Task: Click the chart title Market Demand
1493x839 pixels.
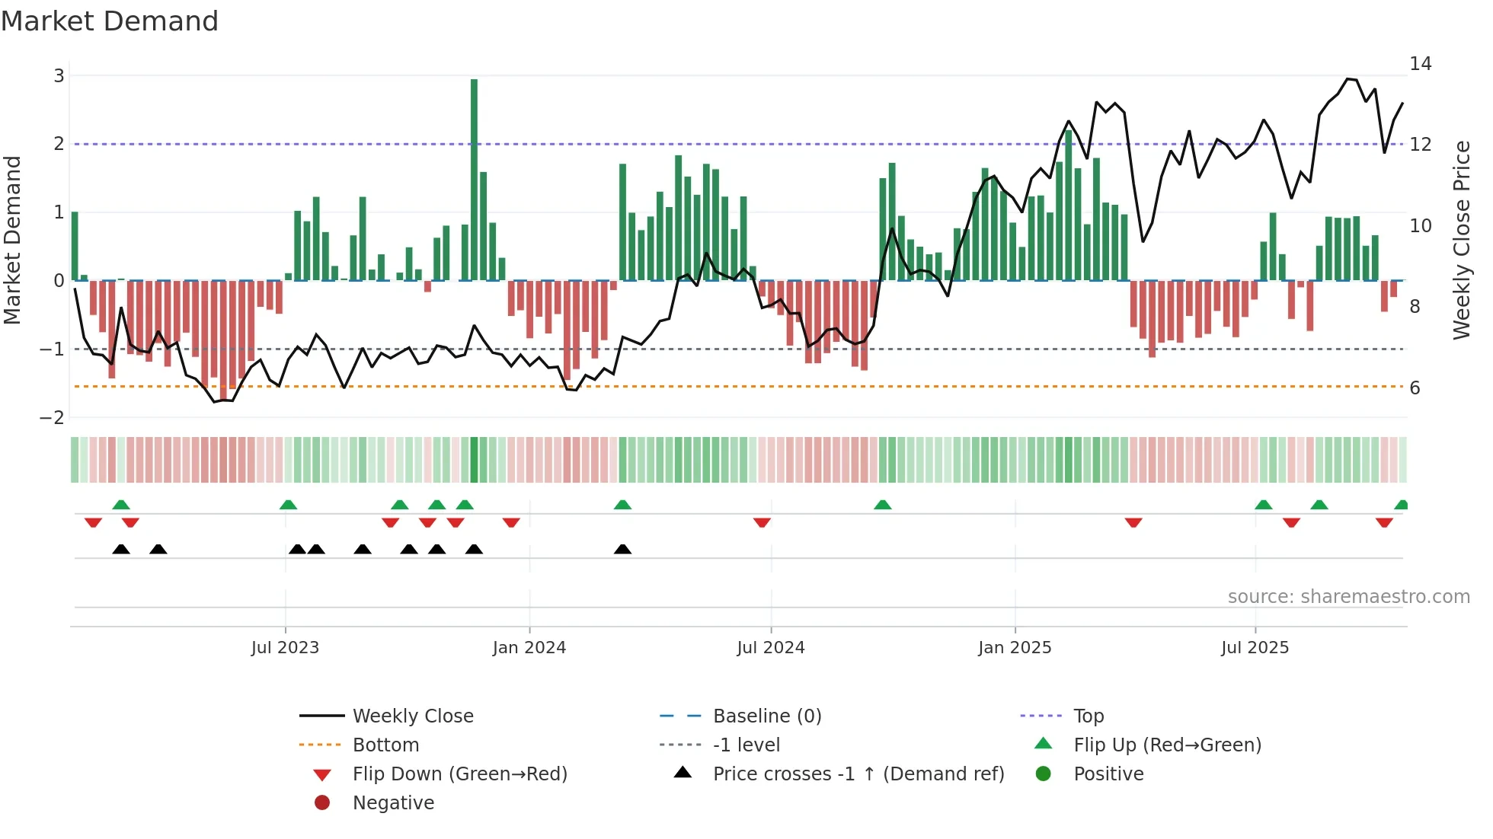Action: click(x=110, y=21)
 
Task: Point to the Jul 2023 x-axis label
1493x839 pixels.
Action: click(x=285, y=648)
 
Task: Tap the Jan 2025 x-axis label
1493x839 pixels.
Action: click(x=1015, y=648)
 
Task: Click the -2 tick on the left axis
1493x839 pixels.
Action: click(x=53, y=418)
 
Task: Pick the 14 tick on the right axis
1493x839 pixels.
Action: click(x=1420, y=64)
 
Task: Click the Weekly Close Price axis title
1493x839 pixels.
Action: click(x=1461, y=241)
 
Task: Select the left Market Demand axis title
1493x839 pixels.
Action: click(x=12, y=241)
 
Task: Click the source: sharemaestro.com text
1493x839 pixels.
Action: click(x=1348, y=597)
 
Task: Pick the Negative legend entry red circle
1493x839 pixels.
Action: click(x=322, y=803)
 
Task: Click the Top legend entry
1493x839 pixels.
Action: click(x=1088, y=716)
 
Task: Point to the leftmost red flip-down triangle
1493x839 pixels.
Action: click(x=93, y=522)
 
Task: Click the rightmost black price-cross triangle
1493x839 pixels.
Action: click(x=622, y=550)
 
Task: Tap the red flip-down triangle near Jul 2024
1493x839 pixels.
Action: click(x=762, y=522)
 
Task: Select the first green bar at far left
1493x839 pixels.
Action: click(x=75, y=246)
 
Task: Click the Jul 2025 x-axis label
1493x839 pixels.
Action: click(x=1255, y=648)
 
